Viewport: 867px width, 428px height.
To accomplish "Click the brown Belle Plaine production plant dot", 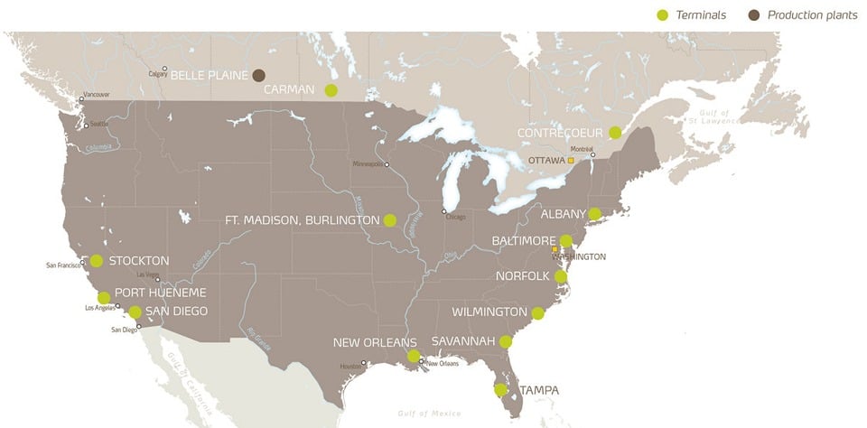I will coord(258,75).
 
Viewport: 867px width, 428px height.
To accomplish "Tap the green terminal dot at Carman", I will coord(331,89).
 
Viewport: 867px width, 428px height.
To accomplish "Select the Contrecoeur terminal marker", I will coord(615,133).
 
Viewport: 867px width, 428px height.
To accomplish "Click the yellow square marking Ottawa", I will coord(571,160).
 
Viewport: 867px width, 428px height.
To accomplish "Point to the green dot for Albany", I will coord(594,214).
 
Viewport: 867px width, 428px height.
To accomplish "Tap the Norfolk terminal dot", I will coord(561,276).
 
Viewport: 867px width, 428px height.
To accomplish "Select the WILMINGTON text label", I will coord(489,312).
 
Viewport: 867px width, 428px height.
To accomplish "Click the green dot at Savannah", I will coord(506,341).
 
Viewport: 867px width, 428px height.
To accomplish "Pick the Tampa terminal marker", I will coord(500,390).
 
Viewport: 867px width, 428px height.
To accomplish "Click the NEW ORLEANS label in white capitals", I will coord(375,343).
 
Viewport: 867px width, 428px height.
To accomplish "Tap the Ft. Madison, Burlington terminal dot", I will coord(390,219).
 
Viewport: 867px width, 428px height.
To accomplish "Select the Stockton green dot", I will coord(97,261).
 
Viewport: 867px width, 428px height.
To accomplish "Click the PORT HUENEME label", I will coord(161,293).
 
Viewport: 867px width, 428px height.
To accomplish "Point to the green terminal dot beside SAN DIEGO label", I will coord(135,312).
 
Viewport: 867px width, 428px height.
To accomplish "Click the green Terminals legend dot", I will coord(662,14).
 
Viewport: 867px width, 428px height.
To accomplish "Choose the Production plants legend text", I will coord(812,14).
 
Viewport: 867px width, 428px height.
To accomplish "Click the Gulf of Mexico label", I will coord(429,413).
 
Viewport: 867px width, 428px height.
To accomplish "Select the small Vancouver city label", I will coord(96,95).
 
